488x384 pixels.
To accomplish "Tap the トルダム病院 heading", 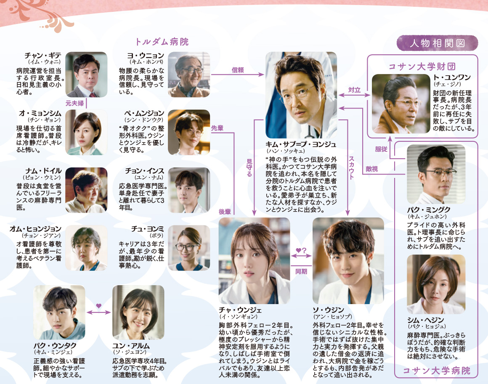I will (x=162, y=42).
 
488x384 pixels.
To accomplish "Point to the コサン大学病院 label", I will (x=436, y=371).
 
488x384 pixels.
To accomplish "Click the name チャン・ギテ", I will (x=43, y=56).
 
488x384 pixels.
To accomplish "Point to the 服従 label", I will (x=381, y=148).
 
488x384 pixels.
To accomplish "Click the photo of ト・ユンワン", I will (x=398, y=104).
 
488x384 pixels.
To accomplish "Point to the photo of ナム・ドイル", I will (x=86, y=190).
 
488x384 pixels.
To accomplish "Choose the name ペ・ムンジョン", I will (x=144, y=113).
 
